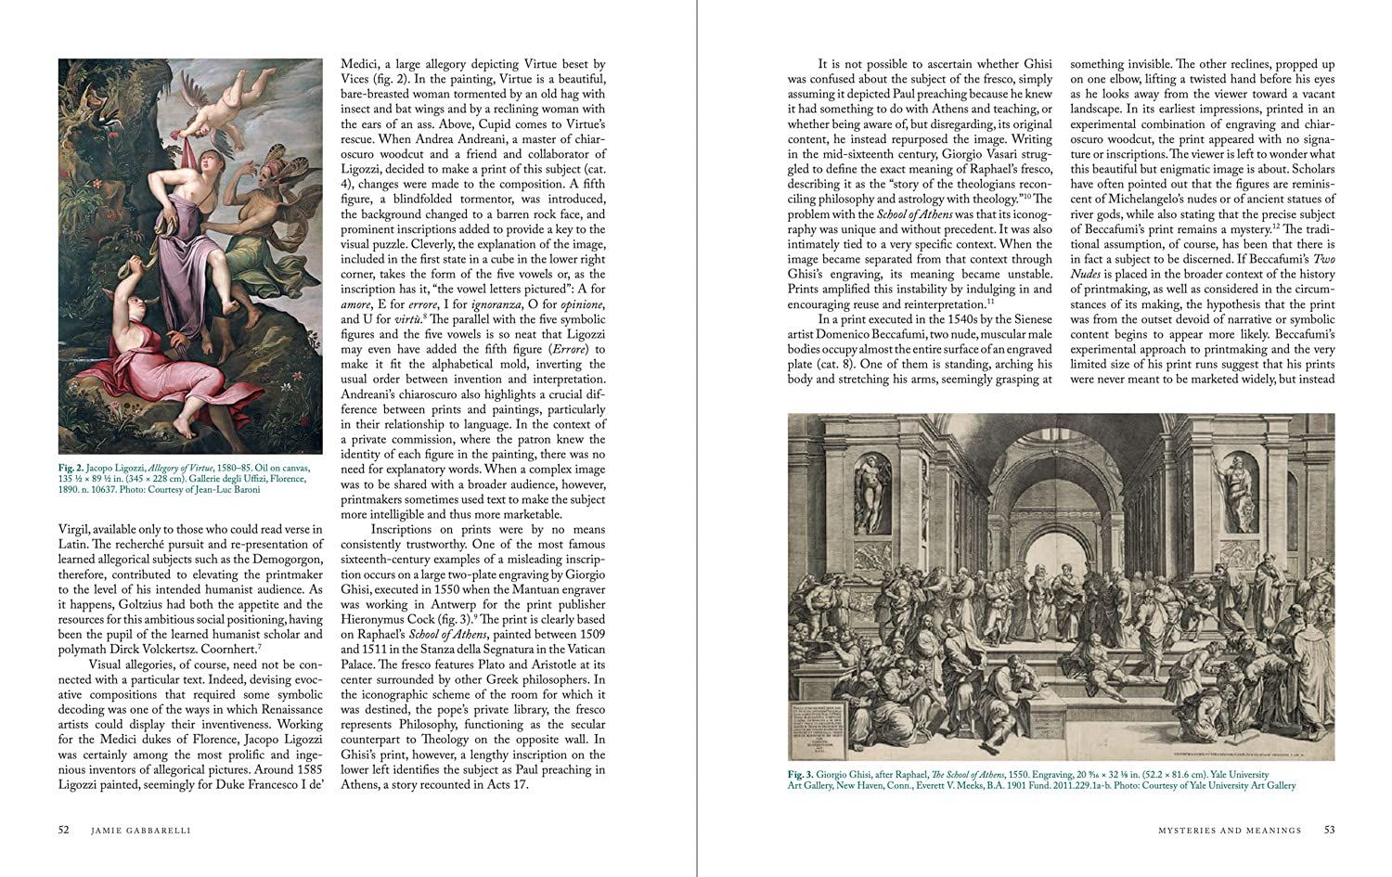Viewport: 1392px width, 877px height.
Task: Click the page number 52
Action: (x=63, y=831)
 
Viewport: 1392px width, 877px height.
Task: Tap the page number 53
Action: (x=1329, y=831)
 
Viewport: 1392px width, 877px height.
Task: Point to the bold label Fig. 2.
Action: (x=71, y=470)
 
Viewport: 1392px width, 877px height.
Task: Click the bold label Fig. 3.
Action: (x=802, y=774)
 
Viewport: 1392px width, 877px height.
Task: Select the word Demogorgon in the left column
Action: (x=278, y=560)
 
